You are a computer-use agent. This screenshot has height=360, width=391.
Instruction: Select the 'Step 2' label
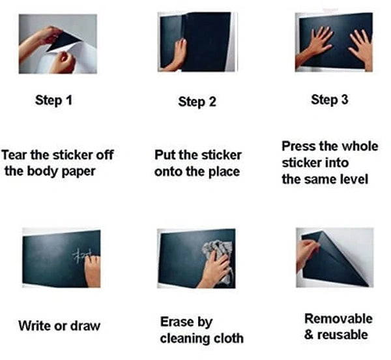[x=197, y=102]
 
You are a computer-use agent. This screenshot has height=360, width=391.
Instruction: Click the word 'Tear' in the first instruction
[x=16, y=156]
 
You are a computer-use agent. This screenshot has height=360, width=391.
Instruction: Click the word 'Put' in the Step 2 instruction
[x=165, y=155]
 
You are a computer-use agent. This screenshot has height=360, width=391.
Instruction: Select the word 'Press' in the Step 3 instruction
[x=298, y=146]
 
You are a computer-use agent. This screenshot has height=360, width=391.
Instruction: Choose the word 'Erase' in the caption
[x=177, y=322]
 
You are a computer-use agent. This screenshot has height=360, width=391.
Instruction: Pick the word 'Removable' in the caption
[x=338, y=319]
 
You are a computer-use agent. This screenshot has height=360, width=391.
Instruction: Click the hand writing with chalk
[x=93, y=270]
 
